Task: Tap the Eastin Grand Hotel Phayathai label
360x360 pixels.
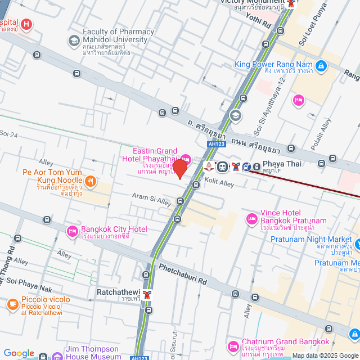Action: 155,155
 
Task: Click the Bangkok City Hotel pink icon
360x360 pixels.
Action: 72,231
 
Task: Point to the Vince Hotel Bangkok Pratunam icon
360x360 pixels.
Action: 251,218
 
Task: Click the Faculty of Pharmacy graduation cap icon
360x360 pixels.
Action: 74,40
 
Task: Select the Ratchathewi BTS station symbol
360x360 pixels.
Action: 147,294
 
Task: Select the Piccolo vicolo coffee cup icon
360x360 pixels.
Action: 12,304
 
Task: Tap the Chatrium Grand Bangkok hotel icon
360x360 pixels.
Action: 233,345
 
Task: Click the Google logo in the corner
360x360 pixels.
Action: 18,353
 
